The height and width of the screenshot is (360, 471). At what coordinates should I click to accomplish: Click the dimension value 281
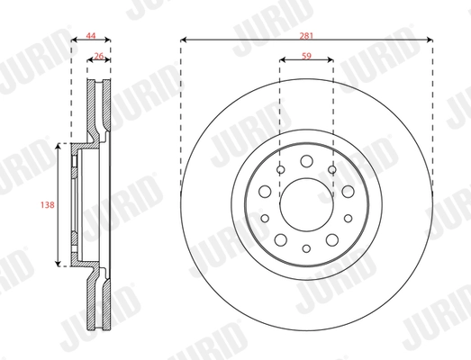306,31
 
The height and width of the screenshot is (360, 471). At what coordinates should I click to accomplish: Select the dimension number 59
306,54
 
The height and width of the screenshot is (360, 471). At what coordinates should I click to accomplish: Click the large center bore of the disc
306,204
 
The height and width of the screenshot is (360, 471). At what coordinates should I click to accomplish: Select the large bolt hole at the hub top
306,162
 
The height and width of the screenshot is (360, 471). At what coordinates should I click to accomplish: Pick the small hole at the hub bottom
306,247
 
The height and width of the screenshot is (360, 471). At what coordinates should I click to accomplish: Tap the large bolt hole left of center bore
265,192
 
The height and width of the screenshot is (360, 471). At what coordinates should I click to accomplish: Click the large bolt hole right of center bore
348,192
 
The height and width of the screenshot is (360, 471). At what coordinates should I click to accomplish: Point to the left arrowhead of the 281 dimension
184,40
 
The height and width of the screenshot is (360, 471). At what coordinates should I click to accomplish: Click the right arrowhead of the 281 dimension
430,40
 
